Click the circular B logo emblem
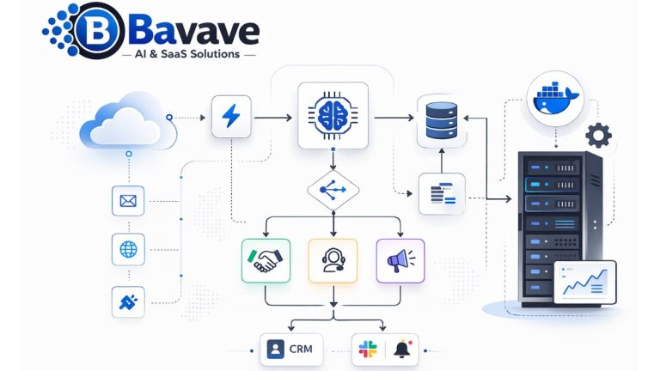(x=100, y=30)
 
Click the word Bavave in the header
(x=192, y=30)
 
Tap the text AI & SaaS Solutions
(x=187, y=54)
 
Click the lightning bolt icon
(x=231, y=116)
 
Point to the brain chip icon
(x=333, y=116)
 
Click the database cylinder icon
(x=442, y=120)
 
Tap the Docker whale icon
(x=556, y=100)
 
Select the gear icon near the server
(x=598, y=136)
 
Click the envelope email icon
(x=128, y=201)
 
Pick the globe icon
(x=128, y=249)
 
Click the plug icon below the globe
(x=128, y=302)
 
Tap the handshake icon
(x=266, y=261)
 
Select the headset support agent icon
(x=333, y=260)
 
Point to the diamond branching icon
(x=333, y=190)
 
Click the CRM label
(x=301, y=350)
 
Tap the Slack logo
(x=368, y=350)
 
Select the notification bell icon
(x=402, y=349)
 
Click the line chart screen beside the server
(x=585, y=282)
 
